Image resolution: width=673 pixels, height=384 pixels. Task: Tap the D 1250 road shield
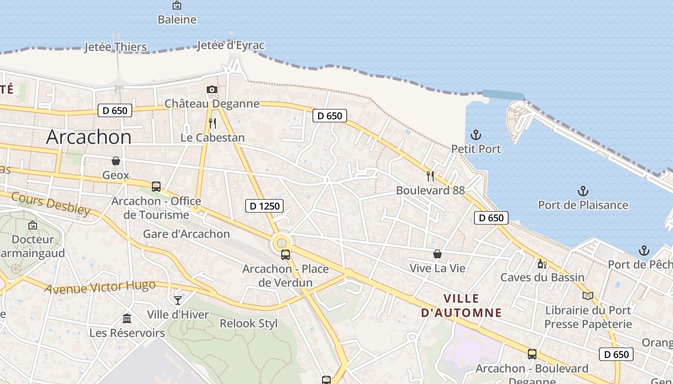pos(264,206)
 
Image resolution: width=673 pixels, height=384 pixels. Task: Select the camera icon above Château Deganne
pos(212,89)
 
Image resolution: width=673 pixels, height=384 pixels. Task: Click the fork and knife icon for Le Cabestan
pos(212,123)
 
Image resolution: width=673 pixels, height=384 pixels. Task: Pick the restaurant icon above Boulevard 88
pos(430,176)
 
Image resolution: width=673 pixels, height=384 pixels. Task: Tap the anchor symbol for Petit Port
pos(476,135)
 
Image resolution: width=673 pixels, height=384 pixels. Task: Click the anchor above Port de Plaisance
pos(583,191)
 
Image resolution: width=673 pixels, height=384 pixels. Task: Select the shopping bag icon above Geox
pos(116,161)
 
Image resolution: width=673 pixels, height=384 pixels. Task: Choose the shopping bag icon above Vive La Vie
pos(437,254)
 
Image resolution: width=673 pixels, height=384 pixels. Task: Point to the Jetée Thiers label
pos(115,47)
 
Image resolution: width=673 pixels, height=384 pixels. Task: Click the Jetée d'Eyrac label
pos(231,46)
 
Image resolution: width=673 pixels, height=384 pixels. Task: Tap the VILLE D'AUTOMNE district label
pos(461,306)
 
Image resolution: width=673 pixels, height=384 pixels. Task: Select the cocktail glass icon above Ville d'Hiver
pos(178,300)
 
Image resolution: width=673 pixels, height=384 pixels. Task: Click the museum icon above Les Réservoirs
pos(127,318)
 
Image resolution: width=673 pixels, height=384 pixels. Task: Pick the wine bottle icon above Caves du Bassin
pos(542,264)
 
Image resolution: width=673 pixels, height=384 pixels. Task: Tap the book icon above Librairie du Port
pos(588,296)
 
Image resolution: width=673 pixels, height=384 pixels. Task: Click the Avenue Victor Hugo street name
pos(100,287)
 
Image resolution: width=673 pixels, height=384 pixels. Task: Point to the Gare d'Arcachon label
pos(187,234)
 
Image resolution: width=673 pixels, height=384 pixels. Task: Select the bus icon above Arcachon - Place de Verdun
pos(286,255)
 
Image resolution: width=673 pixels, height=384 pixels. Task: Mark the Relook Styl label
pos(249,324)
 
